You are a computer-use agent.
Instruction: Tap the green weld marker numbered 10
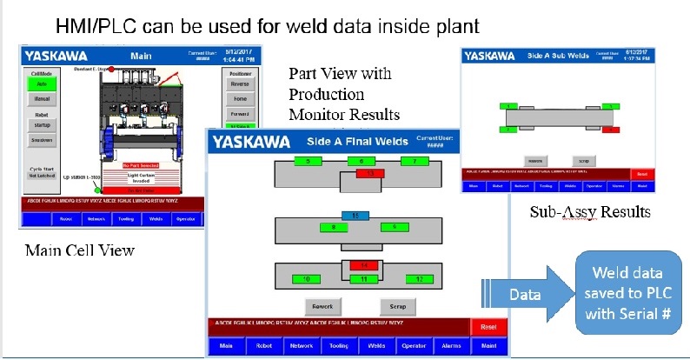click(308, 278)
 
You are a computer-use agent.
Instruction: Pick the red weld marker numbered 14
click(365, 265)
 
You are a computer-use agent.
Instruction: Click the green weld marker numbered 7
click(416, 162)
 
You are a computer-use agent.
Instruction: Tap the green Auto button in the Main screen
click(41, 83)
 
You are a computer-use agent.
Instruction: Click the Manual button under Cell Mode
click(41, 101)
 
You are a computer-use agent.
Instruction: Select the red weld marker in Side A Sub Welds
click(610, 130)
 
